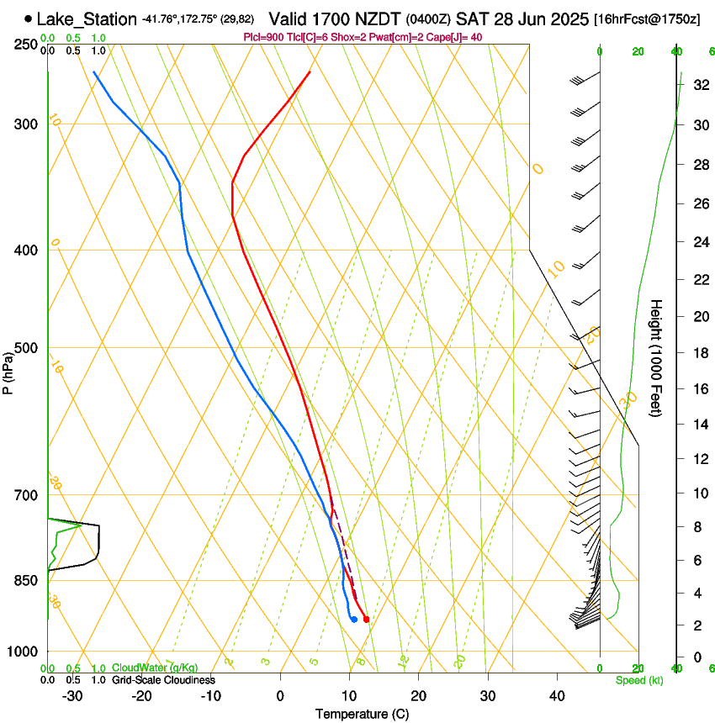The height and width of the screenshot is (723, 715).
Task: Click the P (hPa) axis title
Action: (x=8, y=372)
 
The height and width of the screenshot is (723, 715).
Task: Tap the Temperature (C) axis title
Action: (x=362, y=714)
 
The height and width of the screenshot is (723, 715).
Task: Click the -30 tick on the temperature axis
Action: (x=72, y=696)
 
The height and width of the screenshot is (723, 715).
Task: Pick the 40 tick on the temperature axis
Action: (x=556, y=696)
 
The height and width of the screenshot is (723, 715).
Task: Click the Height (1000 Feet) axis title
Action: (x=657, y=357)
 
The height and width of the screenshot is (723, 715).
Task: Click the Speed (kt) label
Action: (x=638, y=679)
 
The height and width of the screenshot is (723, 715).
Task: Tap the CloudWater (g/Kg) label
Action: (x=150, y=668)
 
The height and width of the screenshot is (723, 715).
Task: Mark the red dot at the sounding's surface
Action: (x=366, y=620)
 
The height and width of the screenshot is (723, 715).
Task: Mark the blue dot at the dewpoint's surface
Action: (x=354, y=620)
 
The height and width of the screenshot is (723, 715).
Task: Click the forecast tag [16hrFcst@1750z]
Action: (x=647, y=19)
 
